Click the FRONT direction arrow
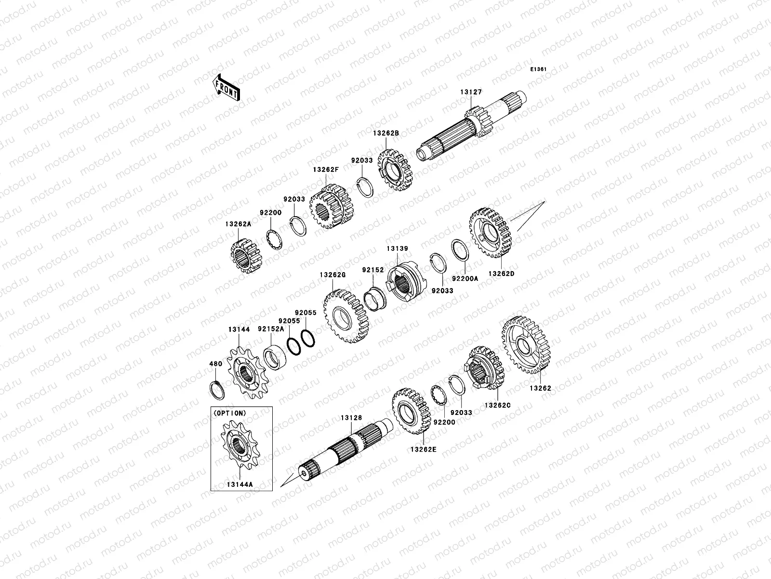226,87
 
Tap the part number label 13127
471,92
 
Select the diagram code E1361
538,69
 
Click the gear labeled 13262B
395,170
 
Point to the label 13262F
326,169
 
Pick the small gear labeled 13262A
246,256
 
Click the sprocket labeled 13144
248,373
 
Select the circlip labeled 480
217,390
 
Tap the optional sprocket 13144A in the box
240,445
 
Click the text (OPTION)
230,414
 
